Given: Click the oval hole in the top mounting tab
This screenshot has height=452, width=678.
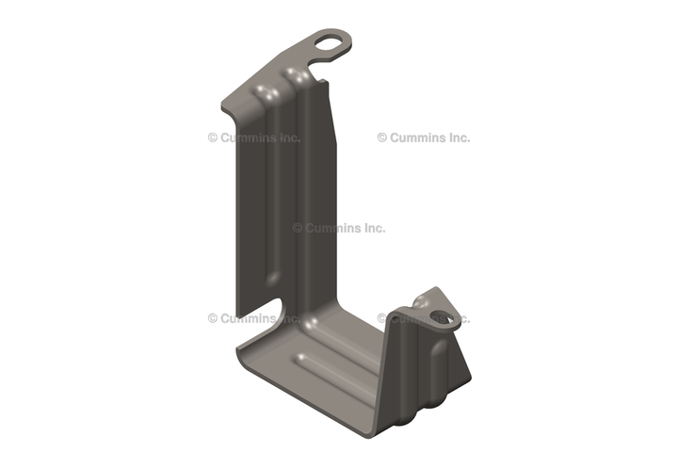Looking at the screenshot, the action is pyautogui.click(x=329, y=42).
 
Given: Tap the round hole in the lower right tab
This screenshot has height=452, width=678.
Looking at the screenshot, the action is pyautogui.click(x=442, y=316).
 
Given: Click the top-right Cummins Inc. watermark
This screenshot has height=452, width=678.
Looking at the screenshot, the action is pyautogui.click(x=424, y=137).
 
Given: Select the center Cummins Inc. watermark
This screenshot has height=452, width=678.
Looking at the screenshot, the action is pyautogui.click(x=339, y=228).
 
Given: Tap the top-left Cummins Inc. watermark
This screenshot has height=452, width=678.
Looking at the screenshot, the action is pyautogui.click(x=254, y=137).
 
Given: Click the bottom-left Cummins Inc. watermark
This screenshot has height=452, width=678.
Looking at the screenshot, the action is pyautogui.click(x=254, y=318).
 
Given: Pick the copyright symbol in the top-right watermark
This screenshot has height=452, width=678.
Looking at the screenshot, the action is pyautogui.click(x=382, y=137).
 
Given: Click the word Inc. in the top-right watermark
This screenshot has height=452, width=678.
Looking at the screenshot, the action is pyautogui.click(x=460, y=137).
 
